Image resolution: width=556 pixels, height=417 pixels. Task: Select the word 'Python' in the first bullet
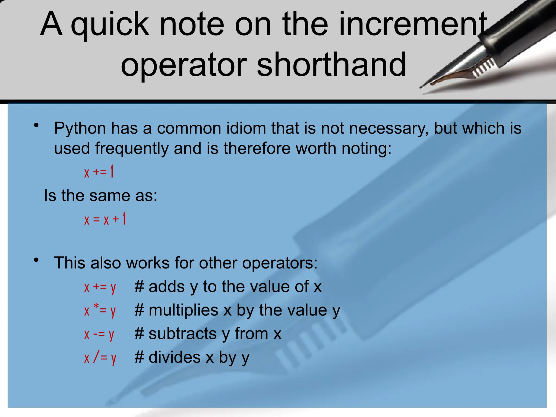pos(80,128)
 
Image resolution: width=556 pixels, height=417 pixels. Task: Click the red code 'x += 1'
pos(99,172)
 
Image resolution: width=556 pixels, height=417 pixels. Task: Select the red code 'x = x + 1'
pos(105,219)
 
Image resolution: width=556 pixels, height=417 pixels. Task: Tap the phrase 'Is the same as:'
pos(100,195)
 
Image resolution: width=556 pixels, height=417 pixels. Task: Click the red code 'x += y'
pos(100,287)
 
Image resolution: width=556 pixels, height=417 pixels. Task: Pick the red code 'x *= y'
pos(100,310)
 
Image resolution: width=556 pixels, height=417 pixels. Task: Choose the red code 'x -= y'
pos(99,334)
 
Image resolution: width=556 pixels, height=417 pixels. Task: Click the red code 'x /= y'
pos(100,358)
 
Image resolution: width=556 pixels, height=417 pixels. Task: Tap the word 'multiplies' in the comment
pos(184,310)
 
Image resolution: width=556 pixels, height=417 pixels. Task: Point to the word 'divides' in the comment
pos(175,357)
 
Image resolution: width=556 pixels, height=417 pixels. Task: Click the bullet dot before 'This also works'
pos(36,260)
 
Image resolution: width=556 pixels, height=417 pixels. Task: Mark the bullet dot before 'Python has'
pos(36,125)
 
